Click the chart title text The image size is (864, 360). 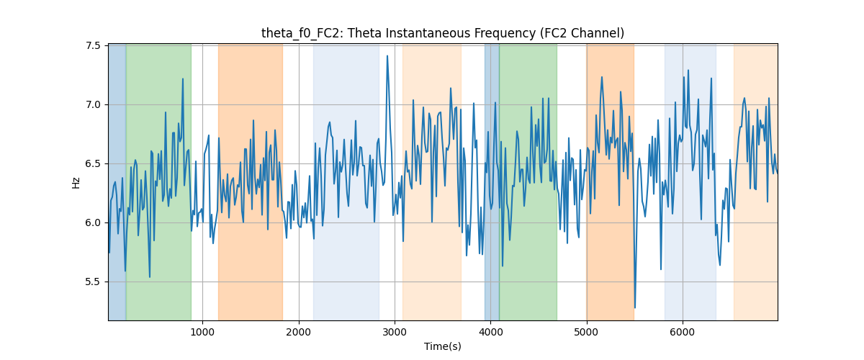click(x=443, y=33)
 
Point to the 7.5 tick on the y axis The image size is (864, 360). click(x=93, y=46)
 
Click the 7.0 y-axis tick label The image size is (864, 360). click(x=93, y=105)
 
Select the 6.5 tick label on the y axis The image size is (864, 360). click(x=93, y=164)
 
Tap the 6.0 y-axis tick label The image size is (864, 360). click(x=93, y=223)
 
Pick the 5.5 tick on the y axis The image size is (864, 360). click(x=93, y=282)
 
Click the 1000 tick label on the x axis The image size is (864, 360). click(x=202, y=332)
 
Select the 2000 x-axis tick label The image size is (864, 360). click(x=299, y=332)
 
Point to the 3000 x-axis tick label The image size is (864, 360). click(x=395, y=332)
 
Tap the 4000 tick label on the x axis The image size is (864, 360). click(x=490, y=332)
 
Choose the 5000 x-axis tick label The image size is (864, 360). click(x=586, y=332)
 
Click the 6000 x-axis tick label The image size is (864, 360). click(x=683, y=332)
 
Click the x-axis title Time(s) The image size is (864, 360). click(x=443, y=346)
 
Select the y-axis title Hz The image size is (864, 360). click(x=76, y=183)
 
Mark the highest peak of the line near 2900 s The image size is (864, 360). click(x=387, y=56)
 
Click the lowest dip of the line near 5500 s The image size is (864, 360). click(x=635, y=307)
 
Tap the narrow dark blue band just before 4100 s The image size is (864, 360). click(x=492, y=182)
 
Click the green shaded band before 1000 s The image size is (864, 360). click(x=158, y=182)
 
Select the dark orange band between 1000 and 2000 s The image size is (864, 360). click(x=251, y=182)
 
